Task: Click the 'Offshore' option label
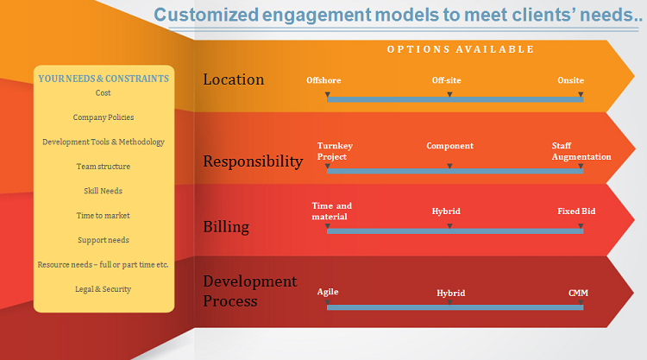point(323,80)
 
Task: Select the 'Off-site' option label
point(446,80)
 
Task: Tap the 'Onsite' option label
point(570,80)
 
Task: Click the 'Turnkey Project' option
point(335,151)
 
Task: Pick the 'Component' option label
point(449,146)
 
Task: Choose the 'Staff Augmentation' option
point(581,151)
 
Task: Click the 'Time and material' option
point(331,212)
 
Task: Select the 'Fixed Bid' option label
point(576,211)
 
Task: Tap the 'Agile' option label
point(328,292)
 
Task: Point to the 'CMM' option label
point(578,293)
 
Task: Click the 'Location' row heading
point(233,79)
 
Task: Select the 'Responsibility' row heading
point(253,161)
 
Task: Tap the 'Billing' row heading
point(226,227)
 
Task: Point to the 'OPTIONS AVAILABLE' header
point(460,49)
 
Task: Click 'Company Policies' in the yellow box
point(104,117)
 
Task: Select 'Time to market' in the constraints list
point(104,215)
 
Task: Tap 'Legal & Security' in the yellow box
point(104,289)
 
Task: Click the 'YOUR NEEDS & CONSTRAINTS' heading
point(104,79)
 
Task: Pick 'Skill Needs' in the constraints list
point(104,191)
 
